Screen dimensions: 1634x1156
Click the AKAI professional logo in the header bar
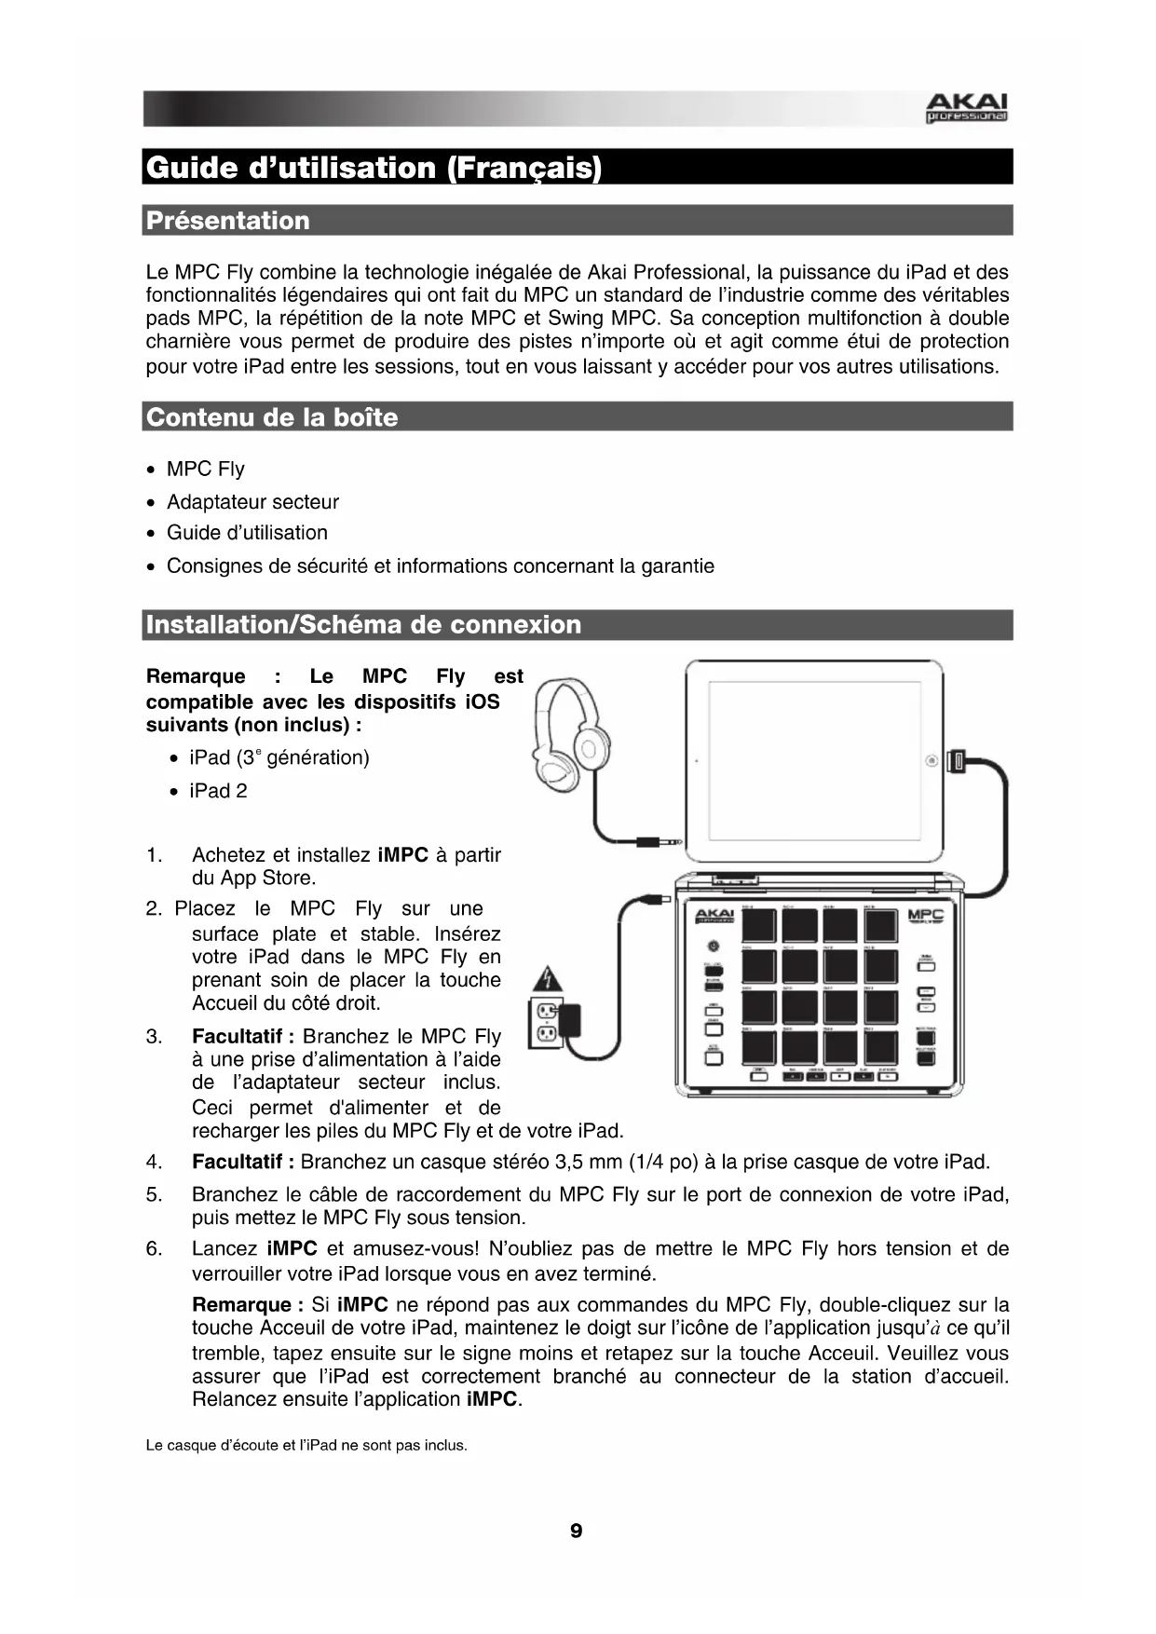(x=965, y=108)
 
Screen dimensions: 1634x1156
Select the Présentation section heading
(x=228, y=221)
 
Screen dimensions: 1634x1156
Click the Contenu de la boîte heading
(x=272, y=417)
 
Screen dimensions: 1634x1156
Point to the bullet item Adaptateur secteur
(x=252, y=502)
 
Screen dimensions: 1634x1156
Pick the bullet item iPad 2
(x=218, y=791)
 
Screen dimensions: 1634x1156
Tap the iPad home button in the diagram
(x=931, y=761)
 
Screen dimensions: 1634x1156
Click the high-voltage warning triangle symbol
(x=548, y=980)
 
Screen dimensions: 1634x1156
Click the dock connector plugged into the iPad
(x=959, y=761)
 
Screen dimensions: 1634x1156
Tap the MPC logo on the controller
(x=926, y=916)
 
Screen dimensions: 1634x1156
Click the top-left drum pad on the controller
(x=759, y=925)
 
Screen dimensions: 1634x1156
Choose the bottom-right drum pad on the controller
(x=880, y=1047)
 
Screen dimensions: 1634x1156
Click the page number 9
(x=577, y=1531)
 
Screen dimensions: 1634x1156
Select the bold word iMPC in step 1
(x=403, y=855)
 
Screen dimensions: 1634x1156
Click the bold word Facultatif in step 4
(x=243, y=1162)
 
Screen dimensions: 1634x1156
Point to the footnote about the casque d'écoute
(x=306, y=1446)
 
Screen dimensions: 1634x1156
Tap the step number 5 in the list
(x=154, y=1194)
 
